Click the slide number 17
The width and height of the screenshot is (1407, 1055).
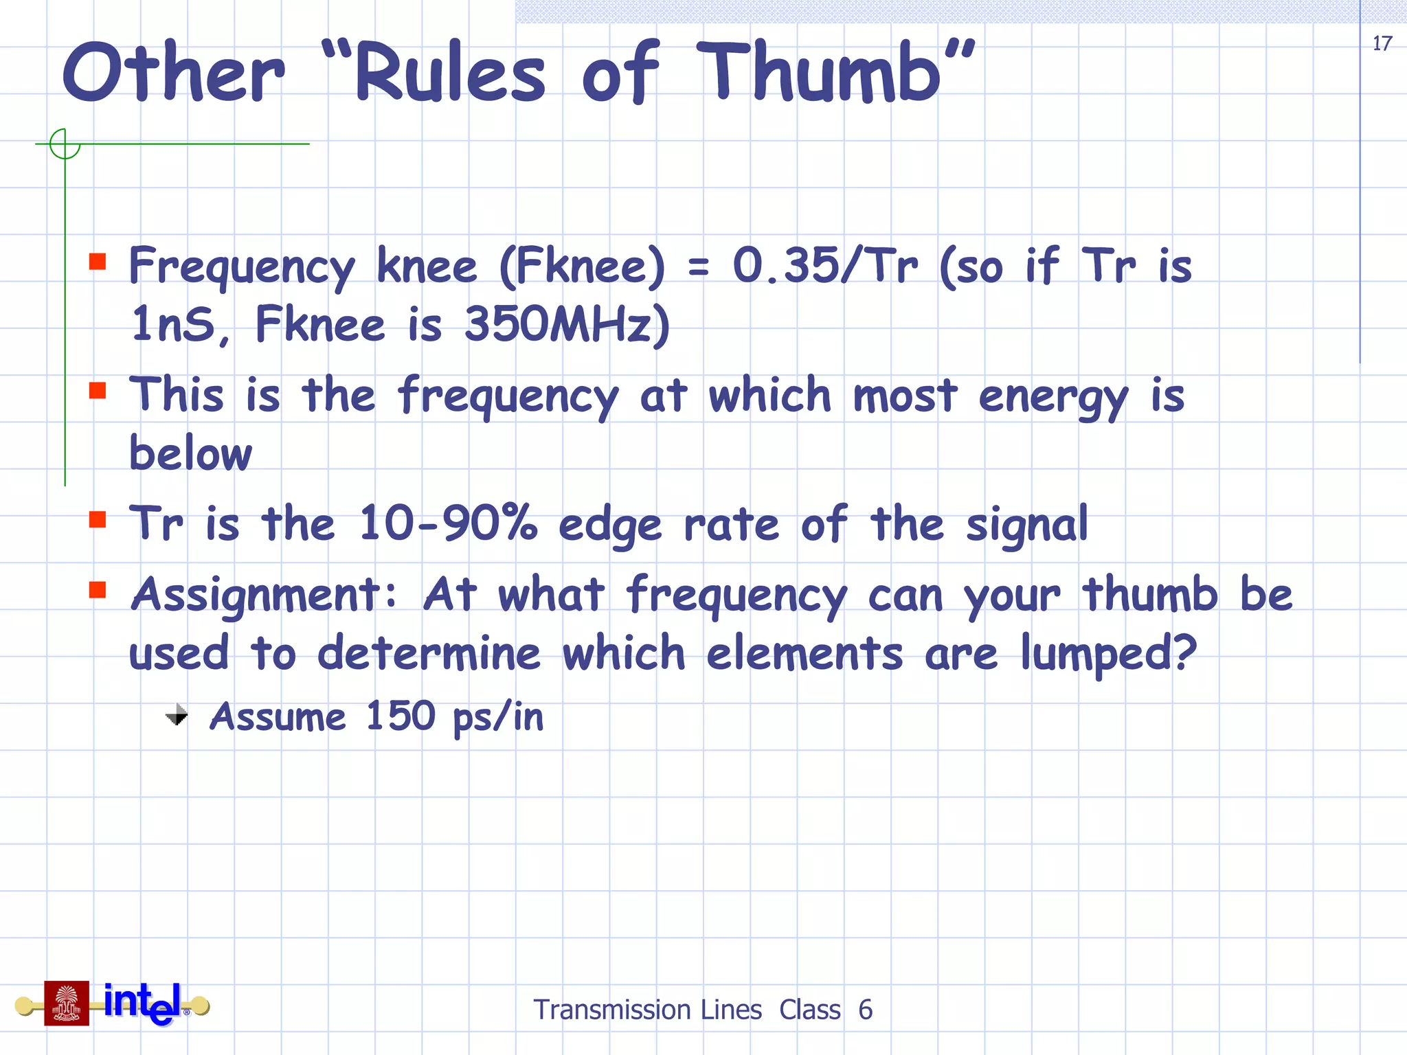[x=1382, y=44]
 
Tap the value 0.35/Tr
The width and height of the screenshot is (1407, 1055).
[x=825, y=266]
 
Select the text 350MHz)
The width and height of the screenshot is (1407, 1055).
[x=567, y=325]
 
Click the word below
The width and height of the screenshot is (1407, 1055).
[x=191, y=454]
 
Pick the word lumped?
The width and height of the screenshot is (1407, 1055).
[x=1108, y=653]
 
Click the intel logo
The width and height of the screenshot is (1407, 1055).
[x=143, y=1003]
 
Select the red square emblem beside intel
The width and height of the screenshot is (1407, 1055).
[x=67, y=1003]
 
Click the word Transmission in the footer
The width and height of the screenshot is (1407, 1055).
[x=648, y=1010]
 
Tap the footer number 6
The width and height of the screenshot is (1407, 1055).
[x=865, y=1010]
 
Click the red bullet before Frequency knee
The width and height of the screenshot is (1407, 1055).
[x=98, y=261]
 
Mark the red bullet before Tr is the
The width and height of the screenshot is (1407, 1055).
[x=98, y=519]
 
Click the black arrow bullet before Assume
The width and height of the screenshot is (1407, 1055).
[x=177, y=715]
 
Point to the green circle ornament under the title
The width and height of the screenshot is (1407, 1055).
[x=65, y=144]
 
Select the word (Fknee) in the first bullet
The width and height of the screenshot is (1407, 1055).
[x=583, y=266]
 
